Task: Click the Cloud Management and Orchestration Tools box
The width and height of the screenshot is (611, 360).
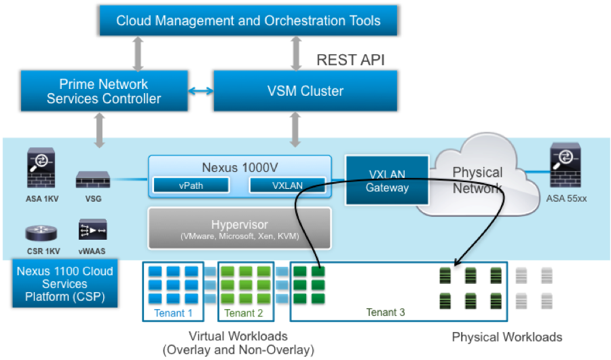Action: click(248, 20)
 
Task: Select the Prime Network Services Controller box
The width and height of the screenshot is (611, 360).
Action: click(104, 91)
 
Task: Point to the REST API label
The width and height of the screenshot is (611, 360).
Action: click(350, 60)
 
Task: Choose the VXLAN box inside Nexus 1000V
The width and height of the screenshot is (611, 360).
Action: click(286, 185)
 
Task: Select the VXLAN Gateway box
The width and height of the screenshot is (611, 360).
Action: click(388, 180)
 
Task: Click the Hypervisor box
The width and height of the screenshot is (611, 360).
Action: click(239, 228)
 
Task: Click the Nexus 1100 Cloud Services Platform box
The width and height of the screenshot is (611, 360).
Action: click(66, 284)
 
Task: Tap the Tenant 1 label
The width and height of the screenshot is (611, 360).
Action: click(173, 312)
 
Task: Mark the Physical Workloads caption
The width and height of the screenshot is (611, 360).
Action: click(506, 337)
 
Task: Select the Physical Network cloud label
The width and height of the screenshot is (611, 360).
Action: click(477, 180)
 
